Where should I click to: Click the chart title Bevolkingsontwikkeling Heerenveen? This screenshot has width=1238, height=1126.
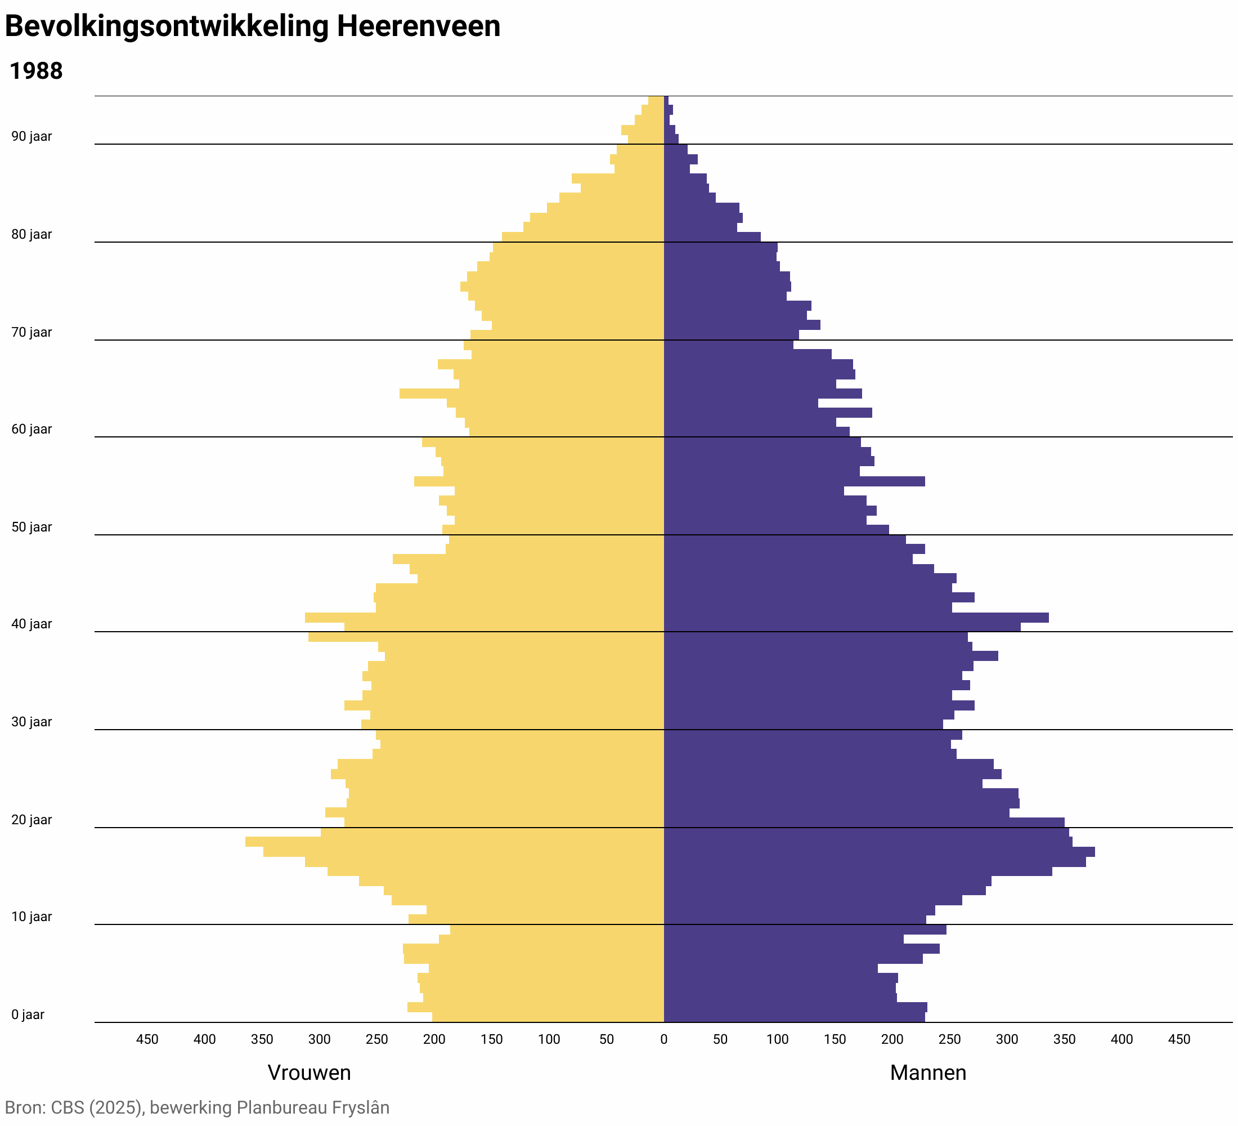[253, 27]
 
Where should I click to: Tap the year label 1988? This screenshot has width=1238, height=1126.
[36, 72]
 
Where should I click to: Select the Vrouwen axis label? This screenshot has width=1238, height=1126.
[309, 1073]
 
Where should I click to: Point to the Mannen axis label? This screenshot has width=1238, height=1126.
[927, 1073]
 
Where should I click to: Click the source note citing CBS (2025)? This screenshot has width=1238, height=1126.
[197, 1107]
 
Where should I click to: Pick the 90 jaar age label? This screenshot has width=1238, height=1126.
[32, 136]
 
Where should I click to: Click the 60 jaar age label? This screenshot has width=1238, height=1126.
[32, 430]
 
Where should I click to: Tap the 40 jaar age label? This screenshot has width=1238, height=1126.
[32, 624]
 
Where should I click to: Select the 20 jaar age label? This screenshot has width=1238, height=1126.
[32, 820]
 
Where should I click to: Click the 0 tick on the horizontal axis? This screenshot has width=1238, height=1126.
[663, 1039]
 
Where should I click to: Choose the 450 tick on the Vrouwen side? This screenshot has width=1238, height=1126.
[147, 1039]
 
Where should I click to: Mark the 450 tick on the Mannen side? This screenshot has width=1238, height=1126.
[1179, 1039]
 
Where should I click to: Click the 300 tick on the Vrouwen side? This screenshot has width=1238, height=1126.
[319, 1039]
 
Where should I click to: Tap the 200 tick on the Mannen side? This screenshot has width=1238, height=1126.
[892, 1039]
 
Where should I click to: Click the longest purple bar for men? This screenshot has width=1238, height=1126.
[878, 852]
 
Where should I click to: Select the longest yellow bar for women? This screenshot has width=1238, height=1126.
[455, 842]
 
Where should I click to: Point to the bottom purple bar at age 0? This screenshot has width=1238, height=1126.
[794, 1017]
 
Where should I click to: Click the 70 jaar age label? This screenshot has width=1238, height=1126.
[32, 332]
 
